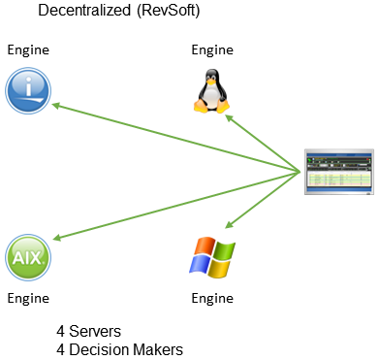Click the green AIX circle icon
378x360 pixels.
point(29,259)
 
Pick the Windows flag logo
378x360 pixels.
point(211,258)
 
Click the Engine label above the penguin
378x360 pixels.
point(212,49)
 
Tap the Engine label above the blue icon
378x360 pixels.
point(28,49)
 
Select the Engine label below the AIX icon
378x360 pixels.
point(28,298)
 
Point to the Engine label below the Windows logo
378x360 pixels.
point(212,298)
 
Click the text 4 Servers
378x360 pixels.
point(88,332)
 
